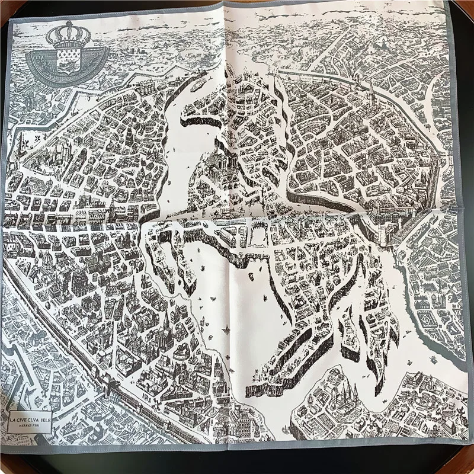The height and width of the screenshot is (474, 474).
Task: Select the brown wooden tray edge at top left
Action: [7, 7]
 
